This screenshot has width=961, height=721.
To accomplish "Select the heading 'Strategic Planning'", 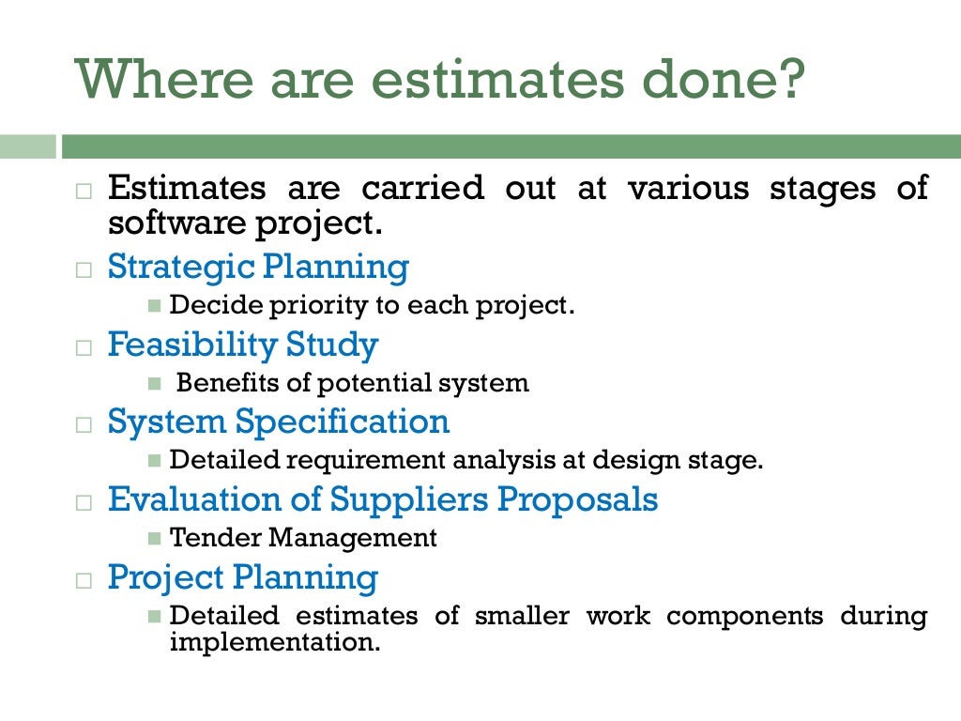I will [x=258, y=268].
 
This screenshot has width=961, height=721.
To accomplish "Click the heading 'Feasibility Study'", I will [x=242, y=345].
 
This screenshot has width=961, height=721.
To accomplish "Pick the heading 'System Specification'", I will [x=279, y=422].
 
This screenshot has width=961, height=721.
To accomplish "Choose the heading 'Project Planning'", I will [x=242, y=576].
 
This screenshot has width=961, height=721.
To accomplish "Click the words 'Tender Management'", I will [x=303, y=538].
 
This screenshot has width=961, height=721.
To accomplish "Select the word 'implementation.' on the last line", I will [x=275, y=645].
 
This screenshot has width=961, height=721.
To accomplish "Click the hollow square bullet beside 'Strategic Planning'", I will [x=84, y=269].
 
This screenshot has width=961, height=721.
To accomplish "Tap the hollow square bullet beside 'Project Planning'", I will [x=84, y=579].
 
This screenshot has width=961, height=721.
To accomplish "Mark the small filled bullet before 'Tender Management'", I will [x=156, y=538].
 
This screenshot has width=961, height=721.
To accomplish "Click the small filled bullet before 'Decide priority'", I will [x=156, y=306].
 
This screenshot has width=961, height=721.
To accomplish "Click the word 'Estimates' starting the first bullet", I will [x=187, y=188].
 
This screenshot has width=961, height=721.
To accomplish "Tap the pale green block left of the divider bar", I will [x=27, y=146].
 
